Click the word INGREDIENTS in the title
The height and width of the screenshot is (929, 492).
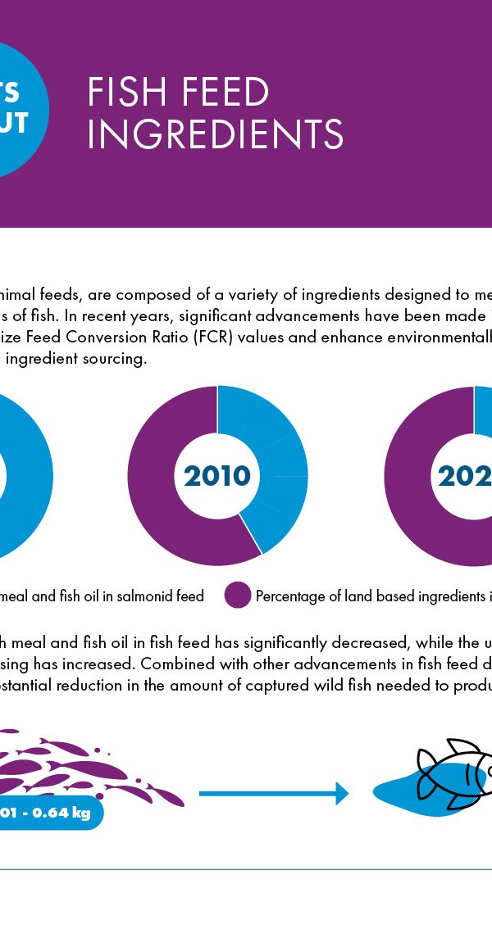pyautogui.click(x=215, y=134)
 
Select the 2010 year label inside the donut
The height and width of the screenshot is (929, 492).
pyautogui.click(x=217, y=476)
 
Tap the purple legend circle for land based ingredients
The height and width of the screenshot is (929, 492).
pyautogui.click(x=238, y=596)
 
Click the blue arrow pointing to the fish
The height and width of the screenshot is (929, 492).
pyautogui.click(x=273, y=793)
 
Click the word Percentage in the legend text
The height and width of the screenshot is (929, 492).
pyautogui.click(x=291, y=596)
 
